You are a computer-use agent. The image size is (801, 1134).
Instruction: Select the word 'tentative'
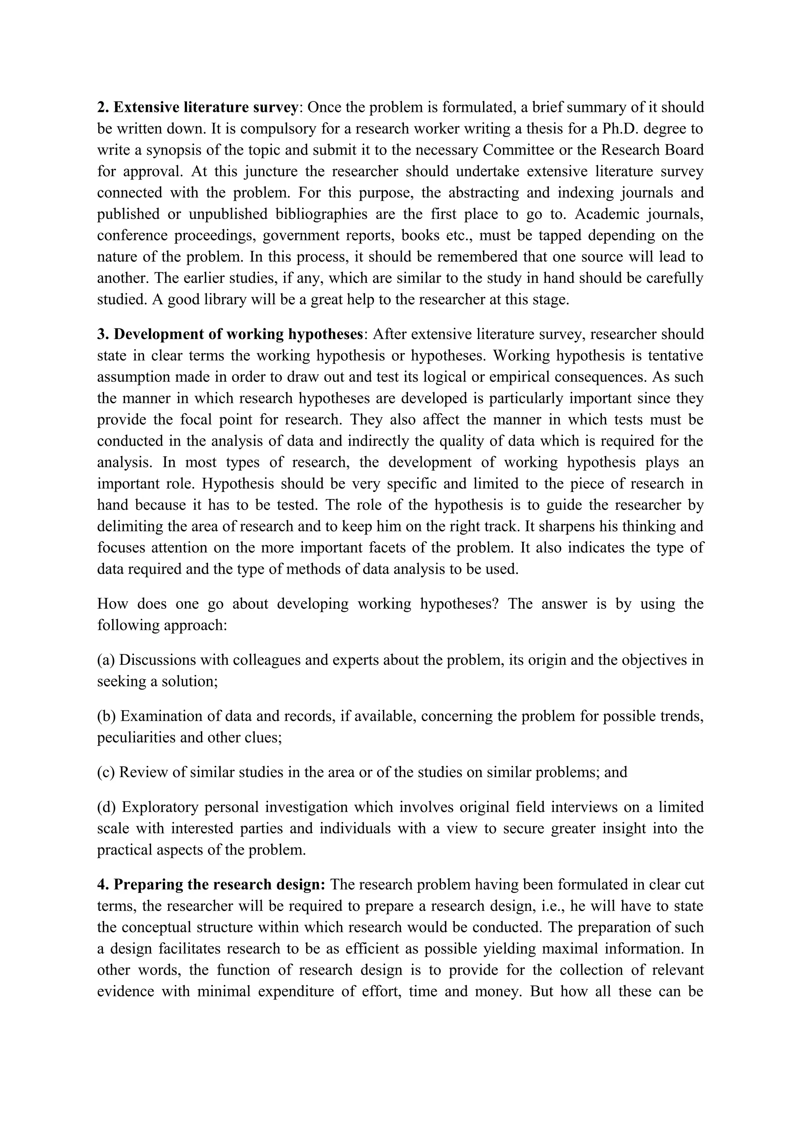point(675,355)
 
